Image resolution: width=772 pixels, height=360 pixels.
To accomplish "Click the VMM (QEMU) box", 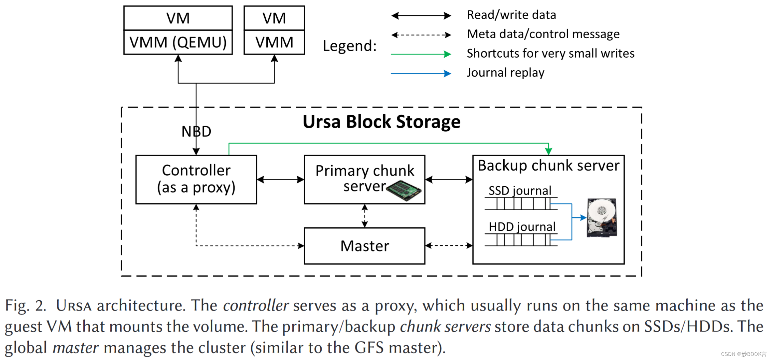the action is tap(178, 42).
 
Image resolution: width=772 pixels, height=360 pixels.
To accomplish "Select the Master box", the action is tap(365, 246).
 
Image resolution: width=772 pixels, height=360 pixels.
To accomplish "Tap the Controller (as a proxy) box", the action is tap(196, 179).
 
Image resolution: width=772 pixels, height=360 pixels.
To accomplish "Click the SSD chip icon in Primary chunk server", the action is tap(404, 191).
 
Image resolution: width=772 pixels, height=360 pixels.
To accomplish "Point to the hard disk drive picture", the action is tap(602, 218).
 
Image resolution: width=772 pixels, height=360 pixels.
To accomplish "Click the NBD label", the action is tap(196, 131).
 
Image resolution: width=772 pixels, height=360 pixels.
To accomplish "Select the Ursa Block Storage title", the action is tap(381, 122).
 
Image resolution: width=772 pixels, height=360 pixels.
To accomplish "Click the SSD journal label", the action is tap(520, 190).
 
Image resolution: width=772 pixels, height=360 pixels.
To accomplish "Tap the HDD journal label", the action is tap(522, 227).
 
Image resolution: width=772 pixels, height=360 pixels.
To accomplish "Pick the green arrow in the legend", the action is tap(421, 54).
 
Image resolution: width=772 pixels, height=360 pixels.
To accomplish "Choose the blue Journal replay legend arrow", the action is tap(421, 73).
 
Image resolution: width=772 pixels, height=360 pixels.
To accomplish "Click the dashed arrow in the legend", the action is tap(421, 35).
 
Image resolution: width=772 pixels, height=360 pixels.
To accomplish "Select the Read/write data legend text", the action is tap(511, 15).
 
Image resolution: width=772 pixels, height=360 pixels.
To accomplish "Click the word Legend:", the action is tap(350, 46).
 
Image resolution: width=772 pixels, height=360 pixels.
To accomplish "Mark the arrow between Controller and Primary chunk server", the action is tap(280, 179).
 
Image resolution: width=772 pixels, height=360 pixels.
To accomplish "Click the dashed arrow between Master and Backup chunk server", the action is tap(449, 245).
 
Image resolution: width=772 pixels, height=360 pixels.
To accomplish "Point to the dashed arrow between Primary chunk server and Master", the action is tap(365, 216).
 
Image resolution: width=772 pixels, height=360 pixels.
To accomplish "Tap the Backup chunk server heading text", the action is tap(548, 165).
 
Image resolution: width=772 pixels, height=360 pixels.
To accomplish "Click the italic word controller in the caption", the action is tap(256, 305).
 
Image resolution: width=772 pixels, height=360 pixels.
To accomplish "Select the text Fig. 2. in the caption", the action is tap(26, 305).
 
